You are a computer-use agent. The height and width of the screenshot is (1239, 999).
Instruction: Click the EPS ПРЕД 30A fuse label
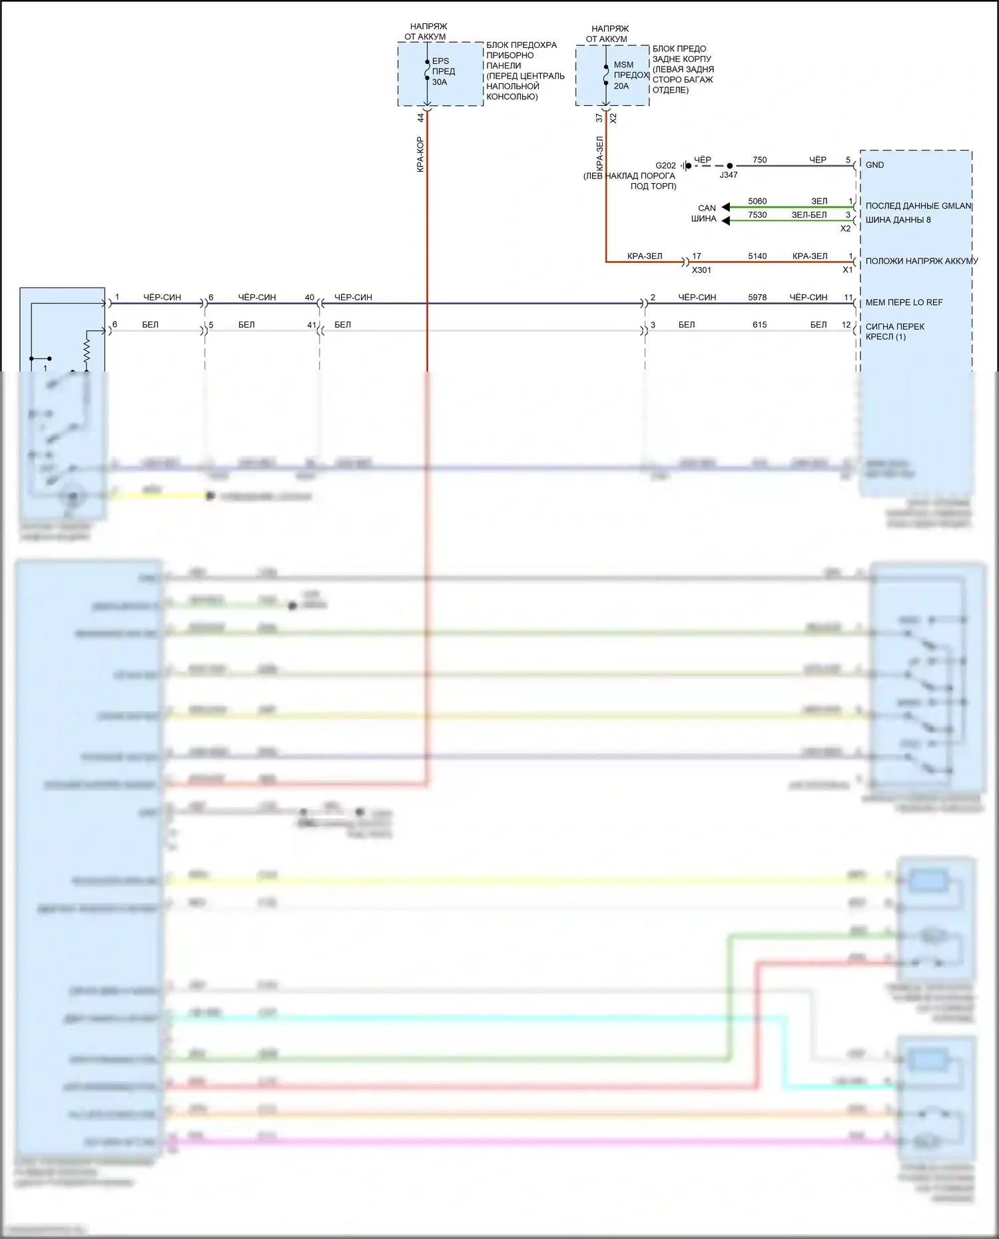click(x=443, y=71)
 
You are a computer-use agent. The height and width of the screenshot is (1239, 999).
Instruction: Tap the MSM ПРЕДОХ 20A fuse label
click(x=629, y=75)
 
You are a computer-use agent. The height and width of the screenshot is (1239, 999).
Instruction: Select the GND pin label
click(x=874, y=165)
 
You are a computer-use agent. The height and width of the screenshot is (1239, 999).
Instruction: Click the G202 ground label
click(x=665, y=166)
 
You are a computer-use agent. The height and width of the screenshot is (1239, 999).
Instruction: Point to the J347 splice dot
click(x=730, y=166)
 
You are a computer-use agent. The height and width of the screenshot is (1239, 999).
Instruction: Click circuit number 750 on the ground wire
click(x=759, y=160)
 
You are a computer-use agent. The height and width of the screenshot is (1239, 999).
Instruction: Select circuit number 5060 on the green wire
click(x=757, y=201)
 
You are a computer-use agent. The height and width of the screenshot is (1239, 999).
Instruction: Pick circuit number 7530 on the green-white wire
click(x=757, y=215)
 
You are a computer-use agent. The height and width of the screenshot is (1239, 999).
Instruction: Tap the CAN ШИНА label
click(x=705, y=213)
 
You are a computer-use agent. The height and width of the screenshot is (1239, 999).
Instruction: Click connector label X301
click(x=701, y=270)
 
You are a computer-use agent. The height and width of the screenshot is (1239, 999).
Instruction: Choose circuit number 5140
click(x=757, y=256)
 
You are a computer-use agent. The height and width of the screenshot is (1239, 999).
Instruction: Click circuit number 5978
click(x=757, y=298)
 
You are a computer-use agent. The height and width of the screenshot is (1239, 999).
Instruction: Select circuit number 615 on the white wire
click(x=759, y=325)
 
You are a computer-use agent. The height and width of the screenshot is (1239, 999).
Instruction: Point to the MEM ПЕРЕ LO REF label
click(x=904, y=302)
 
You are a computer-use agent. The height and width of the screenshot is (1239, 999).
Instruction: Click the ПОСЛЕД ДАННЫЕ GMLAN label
click(x=918, y=206)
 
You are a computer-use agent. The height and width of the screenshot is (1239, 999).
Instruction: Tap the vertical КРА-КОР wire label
click(x=420, y=154)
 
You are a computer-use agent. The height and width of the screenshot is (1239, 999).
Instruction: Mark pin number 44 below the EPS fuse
click(x=420, y=118)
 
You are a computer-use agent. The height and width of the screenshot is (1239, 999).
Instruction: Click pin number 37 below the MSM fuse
click(x=599, y=118)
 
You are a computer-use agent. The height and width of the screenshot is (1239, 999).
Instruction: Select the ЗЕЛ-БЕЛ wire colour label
click(x=809, y=215)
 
